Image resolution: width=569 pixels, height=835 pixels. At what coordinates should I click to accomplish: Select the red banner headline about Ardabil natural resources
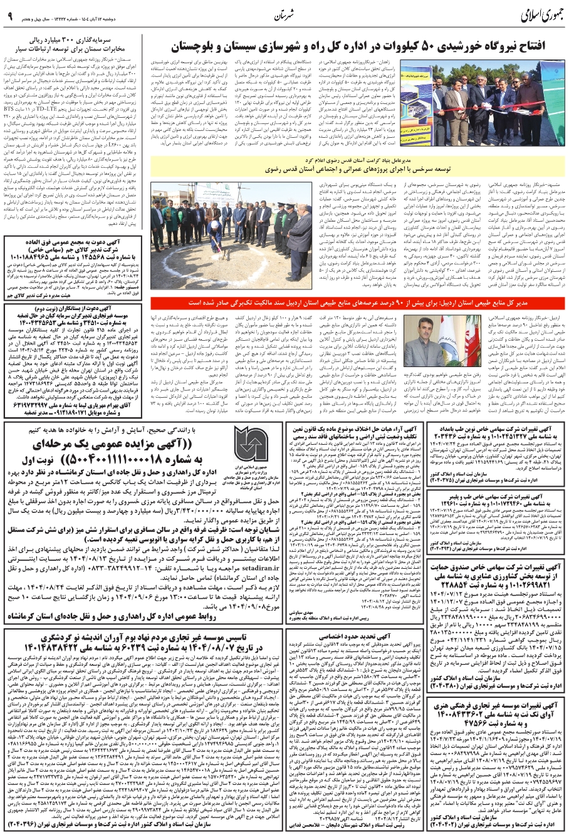[360, 303]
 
